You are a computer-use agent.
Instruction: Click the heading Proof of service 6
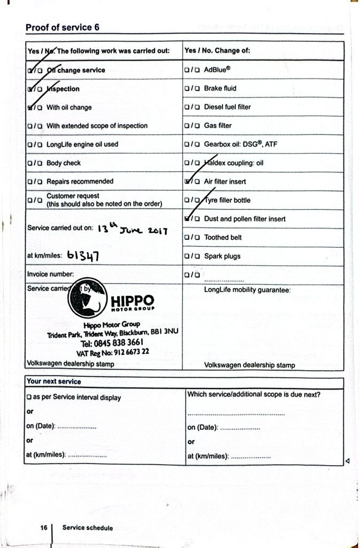[62, 27]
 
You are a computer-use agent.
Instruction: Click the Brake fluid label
[220, 88]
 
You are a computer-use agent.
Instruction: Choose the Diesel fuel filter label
[227, 107]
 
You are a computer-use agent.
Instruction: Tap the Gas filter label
[218, 126]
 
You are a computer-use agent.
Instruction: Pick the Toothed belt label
[223, 237]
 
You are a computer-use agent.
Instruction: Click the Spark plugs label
[222, 256]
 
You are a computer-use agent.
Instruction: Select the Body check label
[64, 163]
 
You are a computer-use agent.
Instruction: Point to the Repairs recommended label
[80, 181]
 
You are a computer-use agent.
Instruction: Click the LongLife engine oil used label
[82, 144]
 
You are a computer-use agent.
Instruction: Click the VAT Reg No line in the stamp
[112, 352]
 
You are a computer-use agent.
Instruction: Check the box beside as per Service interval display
[28, 398]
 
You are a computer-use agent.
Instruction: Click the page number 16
[44, 528]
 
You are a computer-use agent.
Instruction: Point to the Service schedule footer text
[87, 528]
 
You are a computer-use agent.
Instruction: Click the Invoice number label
[50, 274]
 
